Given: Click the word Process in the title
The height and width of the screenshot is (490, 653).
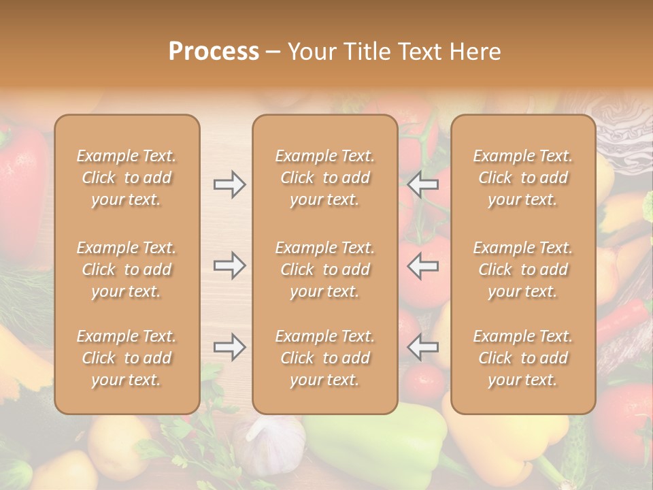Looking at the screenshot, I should [x=214, y=51].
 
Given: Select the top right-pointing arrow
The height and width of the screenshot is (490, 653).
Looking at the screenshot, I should [x=229, y=184].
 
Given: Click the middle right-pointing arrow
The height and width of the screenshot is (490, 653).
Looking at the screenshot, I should [x=229, y=265].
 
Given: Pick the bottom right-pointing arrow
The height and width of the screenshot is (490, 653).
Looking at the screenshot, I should [x=229, y=347].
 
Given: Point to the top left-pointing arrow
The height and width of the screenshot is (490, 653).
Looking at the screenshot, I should [x=422, y=184].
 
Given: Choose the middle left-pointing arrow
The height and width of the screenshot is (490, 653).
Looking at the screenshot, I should [x=422, y=265].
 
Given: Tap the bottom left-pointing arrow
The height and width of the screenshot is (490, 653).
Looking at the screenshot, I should [x=422, y=347].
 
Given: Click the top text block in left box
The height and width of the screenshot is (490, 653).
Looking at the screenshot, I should [x=127, y=178].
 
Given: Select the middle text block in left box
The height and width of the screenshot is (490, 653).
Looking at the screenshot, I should [x=127, y=269].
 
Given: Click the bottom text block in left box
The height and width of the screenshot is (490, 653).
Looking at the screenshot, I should [x=127, y=358].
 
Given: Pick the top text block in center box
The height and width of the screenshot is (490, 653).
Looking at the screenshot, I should [x=325, y=178].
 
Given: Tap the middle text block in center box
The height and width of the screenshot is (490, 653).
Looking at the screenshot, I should [x=325, y=269].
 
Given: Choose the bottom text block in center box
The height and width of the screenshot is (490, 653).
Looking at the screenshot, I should [x=325, y=358].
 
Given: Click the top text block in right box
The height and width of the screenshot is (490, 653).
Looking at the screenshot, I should [x=523, y=178].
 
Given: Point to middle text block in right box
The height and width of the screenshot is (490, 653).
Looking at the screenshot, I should [x=523, y=269].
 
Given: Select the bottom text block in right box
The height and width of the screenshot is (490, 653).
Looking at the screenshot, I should [x=523, y=358].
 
